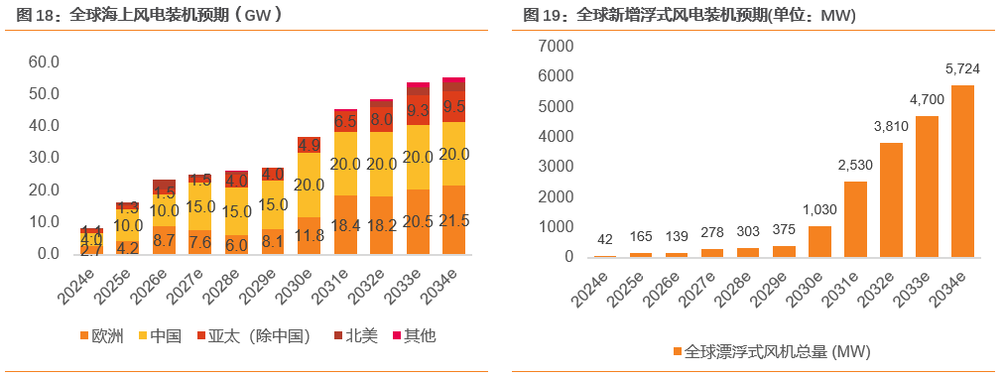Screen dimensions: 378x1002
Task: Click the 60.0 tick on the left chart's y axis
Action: point(44,62)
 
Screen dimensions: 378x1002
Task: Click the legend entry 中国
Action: point(159,336)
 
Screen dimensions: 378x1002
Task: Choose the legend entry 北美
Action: point(354,336)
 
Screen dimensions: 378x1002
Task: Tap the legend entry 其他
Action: point(413,336)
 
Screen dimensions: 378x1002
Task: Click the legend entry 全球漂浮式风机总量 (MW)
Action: point(764,352)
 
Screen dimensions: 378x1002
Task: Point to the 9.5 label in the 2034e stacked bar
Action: point(454,106)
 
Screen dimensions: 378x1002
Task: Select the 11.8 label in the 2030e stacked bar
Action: point(310,235)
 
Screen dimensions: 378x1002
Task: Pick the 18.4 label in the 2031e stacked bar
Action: point(345,227)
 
